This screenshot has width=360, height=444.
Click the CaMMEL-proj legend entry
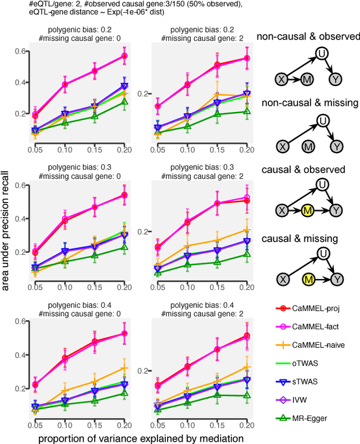click(x=315, y=308)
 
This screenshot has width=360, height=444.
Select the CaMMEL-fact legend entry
click(x=315, y=327)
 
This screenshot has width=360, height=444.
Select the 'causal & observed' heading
click(x=308, y=169)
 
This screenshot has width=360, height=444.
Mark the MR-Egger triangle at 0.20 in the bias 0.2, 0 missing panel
click(x=124, y=102)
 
